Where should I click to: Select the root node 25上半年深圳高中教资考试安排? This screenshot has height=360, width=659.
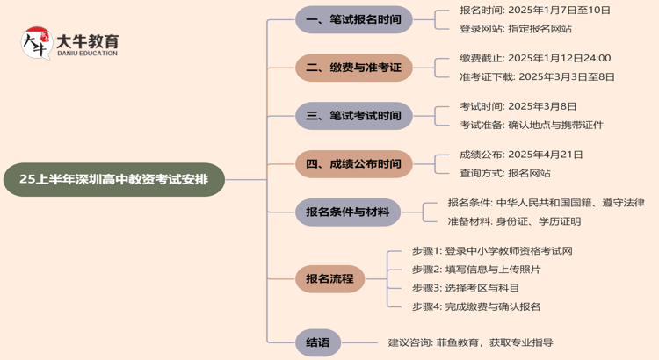pyautogui.click(x=114, y=179)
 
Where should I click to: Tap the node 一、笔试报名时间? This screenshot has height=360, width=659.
pyautogui.click(x=353, y=19)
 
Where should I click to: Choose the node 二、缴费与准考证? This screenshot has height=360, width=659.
pyautogui.click(x=353, y=68)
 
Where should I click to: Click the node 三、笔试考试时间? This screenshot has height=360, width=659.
pyautogui.click(x=353, y=116)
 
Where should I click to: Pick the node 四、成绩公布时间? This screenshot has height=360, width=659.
pyautogui.click(x=353, y=163)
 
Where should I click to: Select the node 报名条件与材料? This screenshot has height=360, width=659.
pyautogui.click(x=347, y=212)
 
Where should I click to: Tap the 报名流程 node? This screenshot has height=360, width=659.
pyautogui.click(x=329, y=279)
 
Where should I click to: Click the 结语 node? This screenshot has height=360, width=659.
pyautogui.click(x=318, y=342)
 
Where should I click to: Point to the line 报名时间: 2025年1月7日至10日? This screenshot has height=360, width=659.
pyautogui.click(x=534, y=11)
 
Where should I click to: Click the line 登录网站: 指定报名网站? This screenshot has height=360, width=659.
pyautogui.click(x=515, y=29)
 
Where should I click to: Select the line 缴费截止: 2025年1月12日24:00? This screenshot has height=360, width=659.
pyautogui.click(x=534, y=58)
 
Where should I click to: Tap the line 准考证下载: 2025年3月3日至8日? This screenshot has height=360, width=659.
pyautogui.click(x=537, y=76)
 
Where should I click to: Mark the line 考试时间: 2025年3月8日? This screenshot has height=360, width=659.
pyautogui.click(x=518, y=106)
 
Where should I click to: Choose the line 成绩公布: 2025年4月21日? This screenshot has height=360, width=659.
pyautogui.click(x=521, y=155)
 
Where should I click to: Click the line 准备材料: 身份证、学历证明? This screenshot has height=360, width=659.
pyautogui.click(x=514, y=221)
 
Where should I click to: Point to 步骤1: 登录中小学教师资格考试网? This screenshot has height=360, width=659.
pyautogui.click(x=492, y=251)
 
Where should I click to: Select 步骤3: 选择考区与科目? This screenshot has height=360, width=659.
pyautogui.click(x=466, y=288)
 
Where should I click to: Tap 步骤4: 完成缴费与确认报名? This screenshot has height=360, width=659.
pyautogui.click(x=476, y=306)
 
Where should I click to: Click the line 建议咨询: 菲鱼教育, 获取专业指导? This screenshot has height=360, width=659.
pyautogui.click(x=471, y=342)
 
